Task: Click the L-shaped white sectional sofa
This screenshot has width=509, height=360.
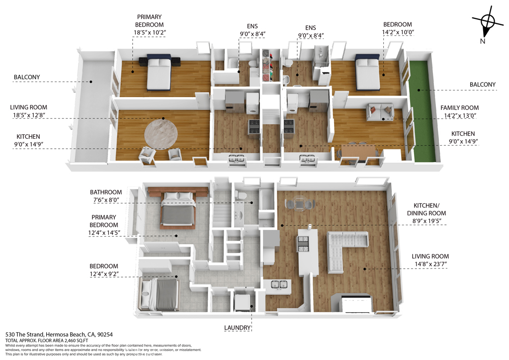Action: [345, 248]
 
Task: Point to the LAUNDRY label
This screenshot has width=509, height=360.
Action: [237, 328]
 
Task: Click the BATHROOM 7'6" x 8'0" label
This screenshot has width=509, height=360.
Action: [106, 196]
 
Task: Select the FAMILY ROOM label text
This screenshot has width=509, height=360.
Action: [459, 108]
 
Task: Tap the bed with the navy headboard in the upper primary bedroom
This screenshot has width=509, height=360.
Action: [159, 72]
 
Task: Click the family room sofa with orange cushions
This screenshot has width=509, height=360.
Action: [380, 112]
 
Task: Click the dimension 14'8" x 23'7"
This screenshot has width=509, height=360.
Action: [430, 264]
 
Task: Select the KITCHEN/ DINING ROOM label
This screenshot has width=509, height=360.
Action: [426, 209]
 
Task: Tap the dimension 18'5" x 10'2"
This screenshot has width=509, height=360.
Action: [150, 32]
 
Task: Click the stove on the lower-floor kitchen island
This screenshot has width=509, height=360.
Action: [303, 245]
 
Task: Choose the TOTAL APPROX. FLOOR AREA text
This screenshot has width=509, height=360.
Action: [47, 341]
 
